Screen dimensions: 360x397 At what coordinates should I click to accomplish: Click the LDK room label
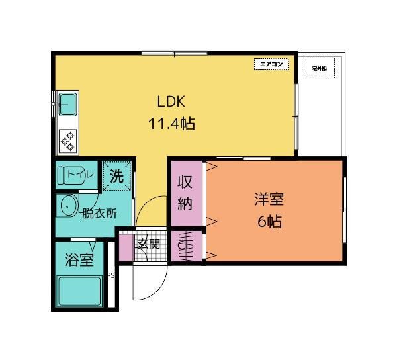pos(174,102)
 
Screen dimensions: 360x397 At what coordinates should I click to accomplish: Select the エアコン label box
pos(272,64)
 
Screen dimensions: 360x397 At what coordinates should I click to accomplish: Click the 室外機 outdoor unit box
pos(320,68)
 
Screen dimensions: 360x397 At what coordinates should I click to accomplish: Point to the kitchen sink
pos(68,103)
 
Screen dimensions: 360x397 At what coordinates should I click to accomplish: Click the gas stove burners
pos(68,140)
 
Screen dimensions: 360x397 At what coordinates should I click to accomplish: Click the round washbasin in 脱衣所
pos(69,206)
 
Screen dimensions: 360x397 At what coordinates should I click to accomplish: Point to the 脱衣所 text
pos(99,214)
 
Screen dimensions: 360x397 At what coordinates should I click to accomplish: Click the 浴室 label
pos(79,260)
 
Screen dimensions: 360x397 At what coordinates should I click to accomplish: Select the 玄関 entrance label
pos(148,244)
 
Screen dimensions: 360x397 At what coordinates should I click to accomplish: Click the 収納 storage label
pos(185,192)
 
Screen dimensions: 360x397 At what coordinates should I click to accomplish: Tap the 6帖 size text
pos(269,222)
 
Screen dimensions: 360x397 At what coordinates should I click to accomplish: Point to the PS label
pos(110,276)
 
